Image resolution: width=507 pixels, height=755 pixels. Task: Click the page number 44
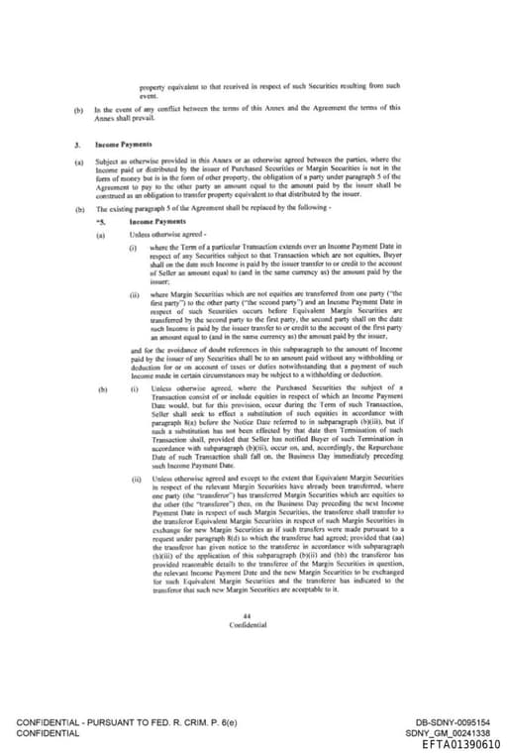click(x=247, y=616)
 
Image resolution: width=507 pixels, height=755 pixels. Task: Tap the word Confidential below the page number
click(x=247, y=625)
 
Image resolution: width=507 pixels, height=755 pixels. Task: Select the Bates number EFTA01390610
click(x=460, y=744)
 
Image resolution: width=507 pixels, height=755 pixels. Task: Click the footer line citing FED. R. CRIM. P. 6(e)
click(x=127, y=722)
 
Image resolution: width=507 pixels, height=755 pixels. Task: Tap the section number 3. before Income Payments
click(x=75, y=145)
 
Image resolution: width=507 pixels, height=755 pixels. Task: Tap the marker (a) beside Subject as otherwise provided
click(x=78, y=160)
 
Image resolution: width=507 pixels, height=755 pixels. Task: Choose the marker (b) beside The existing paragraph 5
click(x=78, y=209)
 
